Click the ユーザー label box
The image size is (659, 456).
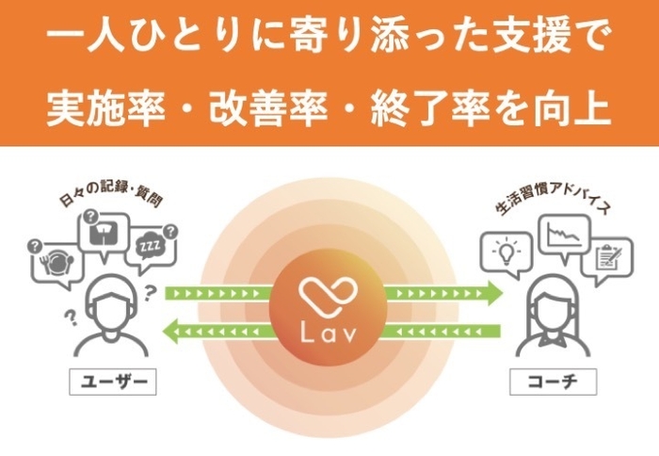coord(113,382)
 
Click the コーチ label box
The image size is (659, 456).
coord(554,382)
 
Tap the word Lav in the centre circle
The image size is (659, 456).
coord(329,333)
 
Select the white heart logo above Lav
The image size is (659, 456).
coord(329,296)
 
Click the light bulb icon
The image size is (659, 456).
coord(506,251)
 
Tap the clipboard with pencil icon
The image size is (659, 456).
coord(608,258)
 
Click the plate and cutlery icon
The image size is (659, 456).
coord(56,263)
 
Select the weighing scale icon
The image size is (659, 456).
coord(104,233)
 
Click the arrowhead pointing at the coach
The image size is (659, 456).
coord(494,293)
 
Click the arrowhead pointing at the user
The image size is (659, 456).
coord(171,331)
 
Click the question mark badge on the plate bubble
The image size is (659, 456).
coord(35,246)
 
